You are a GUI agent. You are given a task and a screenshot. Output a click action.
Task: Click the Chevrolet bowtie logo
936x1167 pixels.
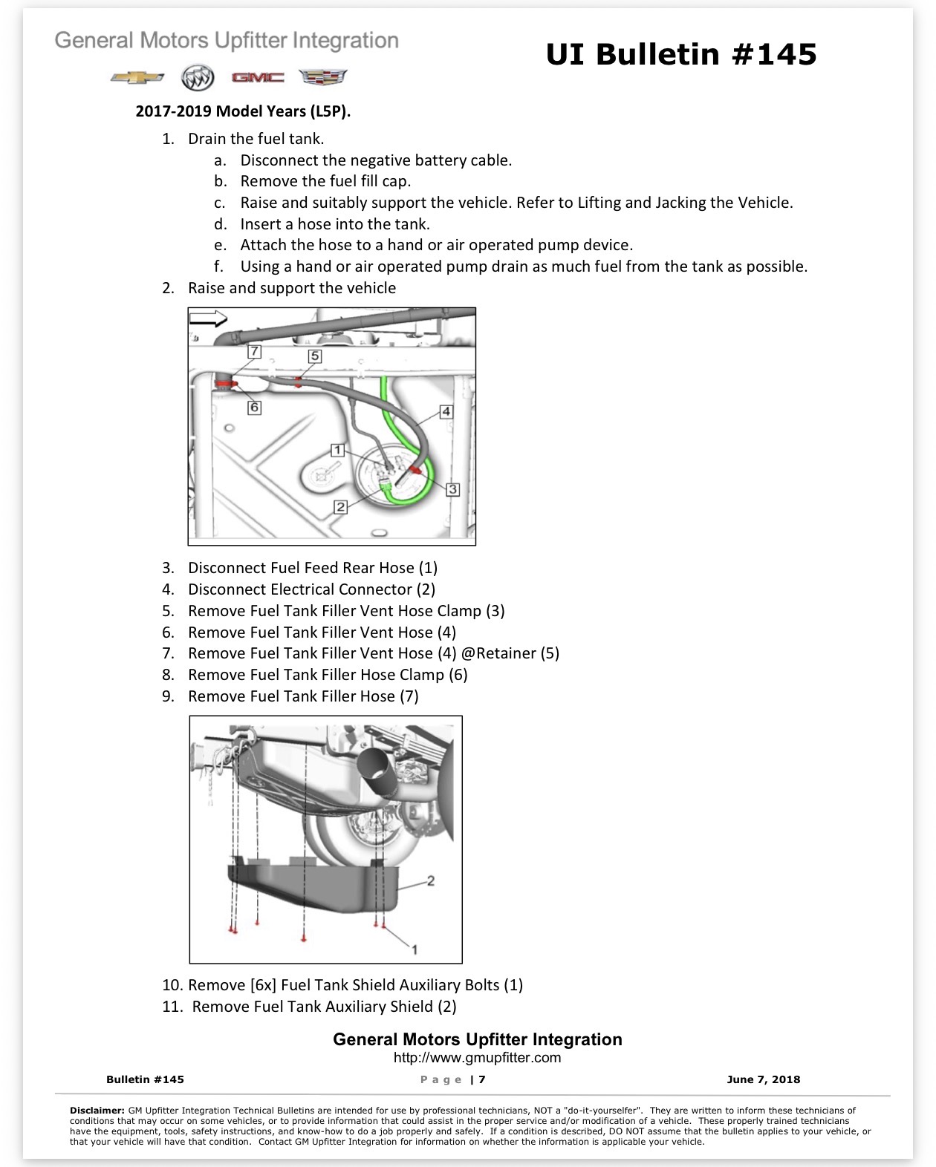[137, 77]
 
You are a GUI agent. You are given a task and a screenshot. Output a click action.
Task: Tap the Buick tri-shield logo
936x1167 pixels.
[198, 77]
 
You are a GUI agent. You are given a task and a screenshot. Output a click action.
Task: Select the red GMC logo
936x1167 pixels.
[258, 77]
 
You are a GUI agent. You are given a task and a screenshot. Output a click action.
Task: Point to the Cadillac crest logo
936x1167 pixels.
[323, 77]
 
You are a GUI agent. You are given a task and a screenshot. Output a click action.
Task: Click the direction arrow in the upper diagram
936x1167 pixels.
[208, 318]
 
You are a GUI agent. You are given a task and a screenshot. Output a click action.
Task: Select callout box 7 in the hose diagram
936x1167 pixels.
[254, 351]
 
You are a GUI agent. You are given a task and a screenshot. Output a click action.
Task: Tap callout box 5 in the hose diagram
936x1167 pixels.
[315, 356]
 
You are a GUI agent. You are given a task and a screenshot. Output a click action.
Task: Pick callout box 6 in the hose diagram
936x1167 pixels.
[254, 408]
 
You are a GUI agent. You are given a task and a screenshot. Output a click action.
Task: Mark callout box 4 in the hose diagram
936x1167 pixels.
[446, 411]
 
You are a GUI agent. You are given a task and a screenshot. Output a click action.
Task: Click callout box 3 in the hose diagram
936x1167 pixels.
[452, 489]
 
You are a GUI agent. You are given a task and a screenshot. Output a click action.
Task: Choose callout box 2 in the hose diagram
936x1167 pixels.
[340, 507]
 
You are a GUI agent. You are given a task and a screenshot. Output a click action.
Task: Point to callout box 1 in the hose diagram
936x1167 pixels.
[337, 450]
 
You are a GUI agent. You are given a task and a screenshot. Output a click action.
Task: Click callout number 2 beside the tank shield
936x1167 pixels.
[431, 880]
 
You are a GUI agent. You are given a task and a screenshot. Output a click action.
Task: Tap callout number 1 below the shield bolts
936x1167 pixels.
[415, 949]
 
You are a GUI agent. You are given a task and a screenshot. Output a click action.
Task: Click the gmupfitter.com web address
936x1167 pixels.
[478, 1057]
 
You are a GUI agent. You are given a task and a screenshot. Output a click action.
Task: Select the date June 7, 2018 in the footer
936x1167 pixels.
[764, 1079]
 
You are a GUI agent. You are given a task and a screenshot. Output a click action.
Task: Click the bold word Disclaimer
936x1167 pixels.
[97, 1110]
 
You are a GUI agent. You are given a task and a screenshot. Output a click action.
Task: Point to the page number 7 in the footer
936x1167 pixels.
[482, 1079]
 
